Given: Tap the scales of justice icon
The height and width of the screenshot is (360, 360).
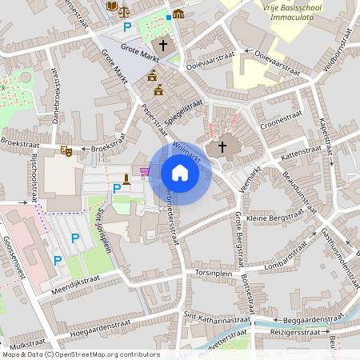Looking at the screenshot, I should coord(123,10).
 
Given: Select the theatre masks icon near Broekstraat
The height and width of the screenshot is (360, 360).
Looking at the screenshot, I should coord(66,150).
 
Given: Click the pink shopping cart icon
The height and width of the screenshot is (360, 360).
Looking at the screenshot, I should coord(145,170).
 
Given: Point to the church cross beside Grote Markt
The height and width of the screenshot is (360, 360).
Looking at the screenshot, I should coord(164,46).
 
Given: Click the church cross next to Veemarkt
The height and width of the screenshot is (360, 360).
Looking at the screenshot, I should coord(222,148).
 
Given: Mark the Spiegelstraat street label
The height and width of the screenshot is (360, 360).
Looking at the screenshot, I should coord(182,113).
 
